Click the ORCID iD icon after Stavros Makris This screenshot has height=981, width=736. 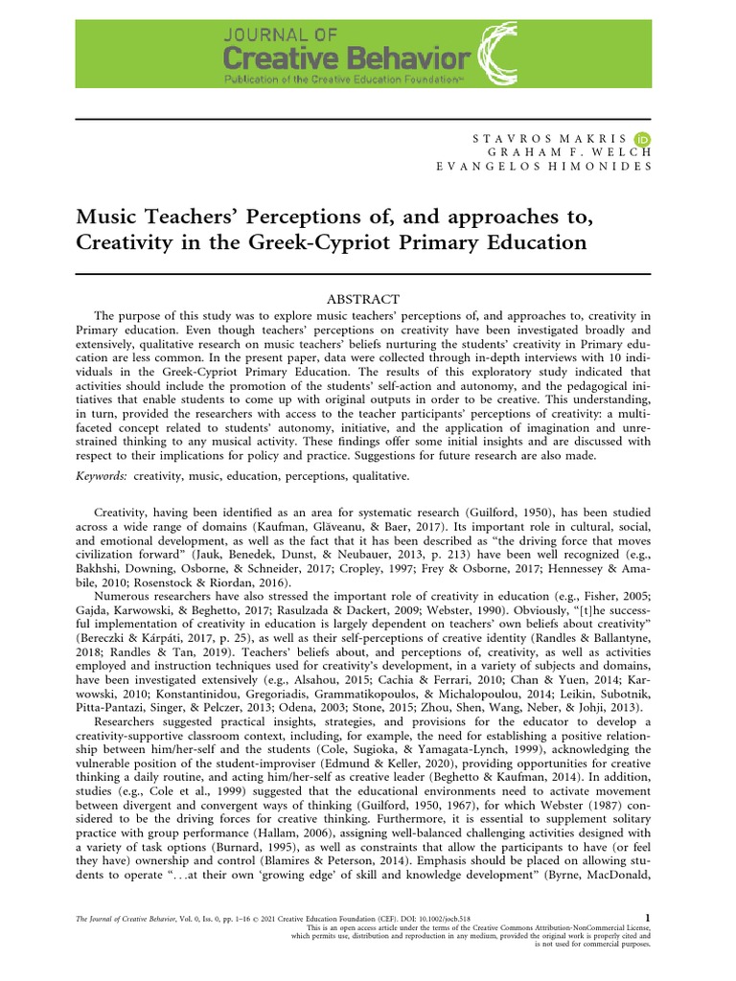click(644, 139)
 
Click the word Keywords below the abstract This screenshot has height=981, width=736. click(101, 475)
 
